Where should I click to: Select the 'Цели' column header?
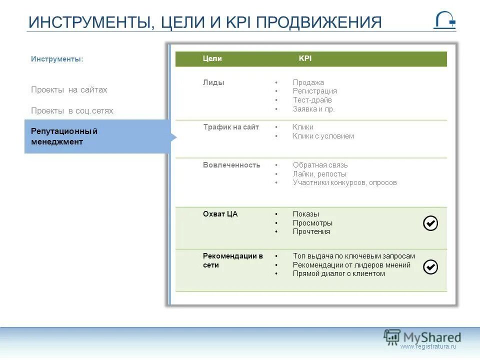212,58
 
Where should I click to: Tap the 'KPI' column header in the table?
305,58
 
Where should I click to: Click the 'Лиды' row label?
213,82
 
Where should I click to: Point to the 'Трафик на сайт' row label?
231,127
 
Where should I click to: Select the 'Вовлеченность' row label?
231,165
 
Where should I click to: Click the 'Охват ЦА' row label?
220,214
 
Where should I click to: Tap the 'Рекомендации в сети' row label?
232,260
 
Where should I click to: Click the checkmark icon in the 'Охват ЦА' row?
430,223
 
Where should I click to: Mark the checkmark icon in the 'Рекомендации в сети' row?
430,267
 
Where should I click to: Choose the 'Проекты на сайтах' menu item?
69,90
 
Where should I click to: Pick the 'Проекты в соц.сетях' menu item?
72,111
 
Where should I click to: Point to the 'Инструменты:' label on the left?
57,59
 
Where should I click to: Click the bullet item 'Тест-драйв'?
312,100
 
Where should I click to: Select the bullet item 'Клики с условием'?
323,136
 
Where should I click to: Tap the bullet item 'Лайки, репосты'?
319,174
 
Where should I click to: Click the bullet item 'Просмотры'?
312,223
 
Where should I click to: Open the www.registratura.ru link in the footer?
428,346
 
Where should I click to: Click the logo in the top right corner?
444,20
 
